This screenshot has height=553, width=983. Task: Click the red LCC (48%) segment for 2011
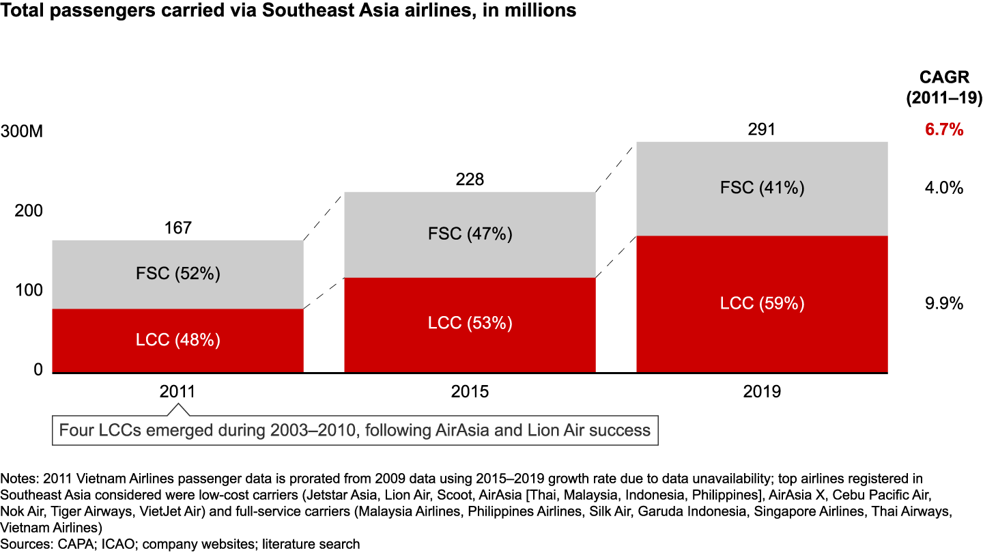pos(177,340)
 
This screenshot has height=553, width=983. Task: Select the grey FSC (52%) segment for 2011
pos(177,274)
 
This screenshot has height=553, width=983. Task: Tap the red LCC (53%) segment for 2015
pos(470,323)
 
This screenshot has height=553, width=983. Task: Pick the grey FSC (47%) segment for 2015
pos(470,234)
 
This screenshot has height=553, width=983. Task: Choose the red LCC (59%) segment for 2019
pos(762,303)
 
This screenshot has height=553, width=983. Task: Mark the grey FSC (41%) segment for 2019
pos(762,188)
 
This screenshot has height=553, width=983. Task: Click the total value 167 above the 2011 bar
pos(178,227)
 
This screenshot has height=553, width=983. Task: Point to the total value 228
pos(470,180)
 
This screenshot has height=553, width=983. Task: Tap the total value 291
pos(762,129)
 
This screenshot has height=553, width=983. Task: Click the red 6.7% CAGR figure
pos(944,129)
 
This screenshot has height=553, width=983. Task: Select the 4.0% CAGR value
pos(944,188)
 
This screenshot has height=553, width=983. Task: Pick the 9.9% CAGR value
pos(944,303)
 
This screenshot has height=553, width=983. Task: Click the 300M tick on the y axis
pos(22,132)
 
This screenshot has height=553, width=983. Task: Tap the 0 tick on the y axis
pos(38,369)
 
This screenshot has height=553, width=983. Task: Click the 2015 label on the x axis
pos(470,392)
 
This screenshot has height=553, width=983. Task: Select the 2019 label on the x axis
pos(762,392)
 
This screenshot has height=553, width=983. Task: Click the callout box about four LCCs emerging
pos(355,431)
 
